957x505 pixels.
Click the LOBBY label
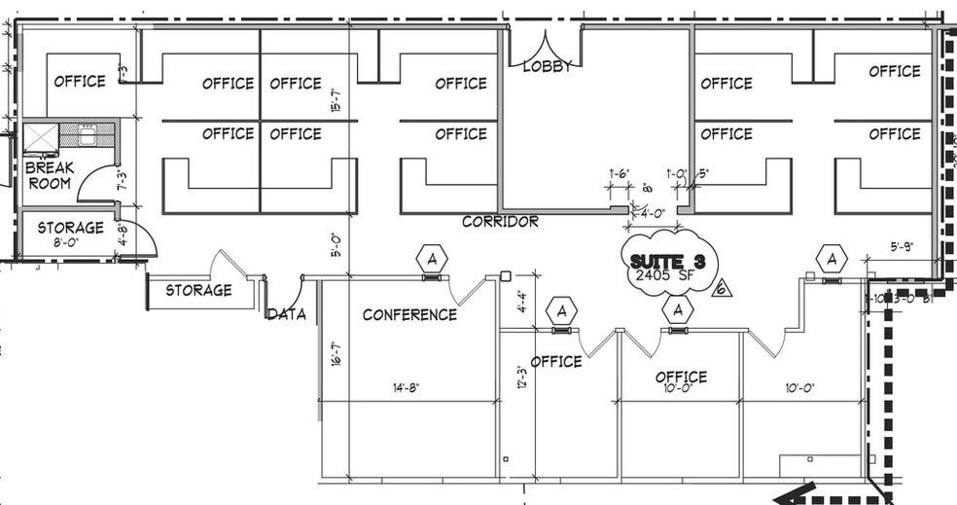pyautogui.click(x=548, y=66)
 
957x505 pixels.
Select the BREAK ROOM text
pyautogui.click(x=50, y=175)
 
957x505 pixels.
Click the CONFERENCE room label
pyautogui.click(x=409, y=314)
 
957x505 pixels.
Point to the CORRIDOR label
pyautogui.click(x=500, y=222)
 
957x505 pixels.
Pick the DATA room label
pyautogui.click(x=287, y=314)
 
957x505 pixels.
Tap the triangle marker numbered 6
pyautogui.click(x=721, y=288)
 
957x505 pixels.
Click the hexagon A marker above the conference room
pyautogui.click(x=431, y=259)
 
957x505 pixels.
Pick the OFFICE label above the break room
pyautogui.click(x=80, y=81)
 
